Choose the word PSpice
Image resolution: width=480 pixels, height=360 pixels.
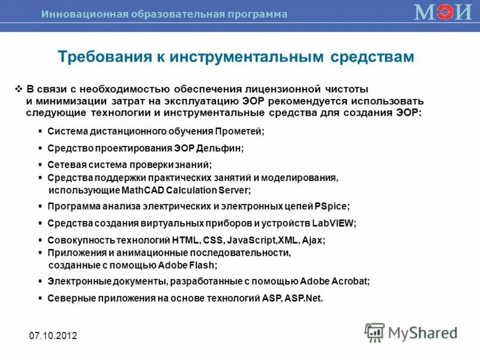pos(332,206)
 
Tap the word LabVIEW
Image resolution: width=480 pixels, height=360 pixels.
pos(334,223)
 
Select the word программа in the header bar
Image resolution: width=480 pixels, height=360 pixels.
pos(262,14)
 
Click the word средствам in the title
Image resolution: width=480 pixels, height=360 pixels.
pos(372,56)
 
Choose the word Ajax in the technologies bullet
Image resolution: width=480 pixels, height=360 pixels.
pos(313,240)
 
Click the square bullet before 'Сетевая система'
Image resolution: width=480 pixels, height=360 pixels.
pos(40,164)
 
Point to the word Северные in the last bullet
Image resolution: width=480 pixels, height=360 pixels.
pos(68,298)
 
